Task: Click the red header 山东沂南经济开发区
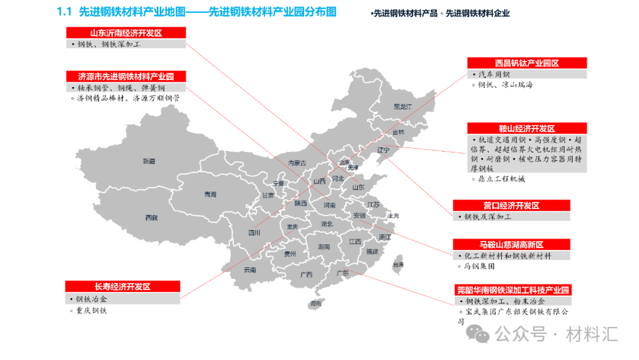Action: (125, 33)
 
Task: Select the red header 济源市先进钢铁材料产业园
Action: (125, 76)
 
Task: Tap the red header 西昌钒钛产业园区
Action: (527, 63)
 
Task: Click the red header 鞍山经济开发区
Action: (527, 128)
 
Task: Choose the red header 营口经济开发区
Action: (511, 205)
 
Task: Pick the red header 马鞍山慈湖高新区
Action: (511, 245)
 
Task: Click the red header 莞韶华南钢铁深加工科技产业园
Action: (513, 290)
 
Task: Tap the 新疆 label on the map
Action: (149, 161)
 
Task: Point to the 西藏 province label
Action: (151, 217)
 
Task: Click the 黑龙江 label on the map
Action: (402, 107)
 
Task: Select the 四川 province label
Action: (254, 233)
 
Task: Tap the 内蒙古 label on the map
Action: (297, 163)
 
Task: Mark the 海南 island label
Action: (317, 303)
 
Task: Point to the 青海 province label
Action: (210, 194)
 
